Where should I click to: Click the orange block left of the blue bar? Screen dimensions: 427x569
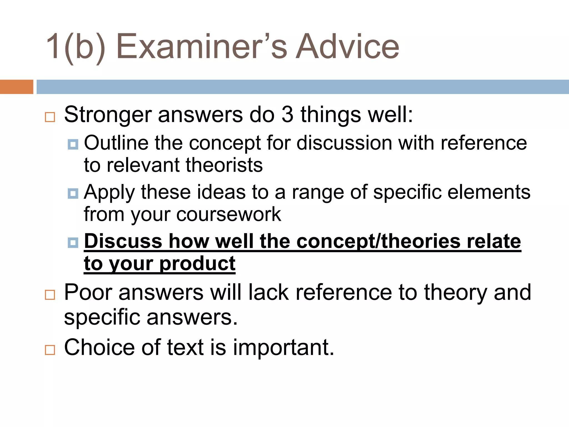16,87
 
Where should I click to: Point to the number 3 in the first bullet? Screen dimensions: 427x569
287,115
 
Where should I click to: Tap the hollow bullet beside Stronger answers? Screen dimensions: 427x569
50,117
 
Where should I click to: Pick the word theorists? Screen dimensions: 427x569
224,165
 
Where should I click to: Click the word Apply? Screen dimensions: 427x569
109,192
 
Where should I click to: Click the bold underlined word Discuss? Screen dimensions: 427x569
123,241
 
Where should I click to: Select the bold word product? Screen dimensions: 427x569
198,263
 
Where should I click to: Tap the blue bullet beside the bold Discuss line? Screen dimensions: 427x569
73,242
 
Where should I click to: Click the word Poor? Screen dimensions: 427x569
88,292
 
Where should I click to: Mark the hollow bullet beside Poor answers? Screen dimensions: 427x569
50,295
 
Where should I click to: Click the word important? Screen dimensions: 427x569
283,347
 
